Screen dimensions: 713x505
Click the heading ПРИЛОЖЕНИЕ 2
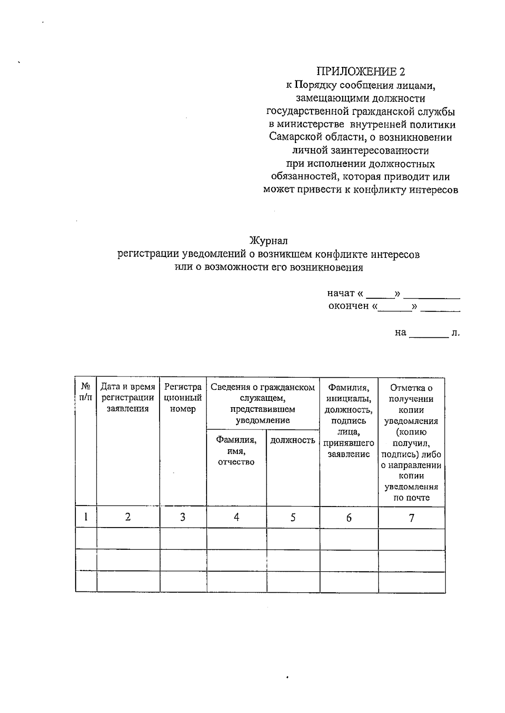361,71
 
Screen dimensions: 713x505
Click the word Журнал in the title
268,241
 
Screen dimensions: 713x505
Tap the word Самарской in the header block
295,137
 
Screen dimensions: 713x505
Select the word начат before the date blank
341,293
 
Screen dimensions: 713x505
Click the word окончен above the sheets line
348,306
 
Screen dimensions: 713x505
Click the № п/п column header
86,392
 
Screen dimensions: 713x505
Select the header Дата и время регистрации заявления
128,398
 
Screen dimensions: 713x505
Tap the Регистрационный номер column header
183,398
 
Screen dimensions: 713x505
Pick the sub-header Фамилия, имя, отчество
236,451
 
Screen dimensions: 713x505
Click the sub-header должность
293,440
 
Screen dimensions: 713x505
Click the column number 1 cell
86,517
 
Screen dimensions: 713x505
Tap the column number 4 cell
237,517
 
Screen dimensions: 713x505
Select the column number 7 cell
412,518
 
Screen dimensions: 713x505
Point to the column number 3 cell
183,517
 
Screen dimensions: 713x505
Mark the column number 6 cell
349,518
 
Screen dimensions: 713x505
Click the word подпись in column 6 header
349,421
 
